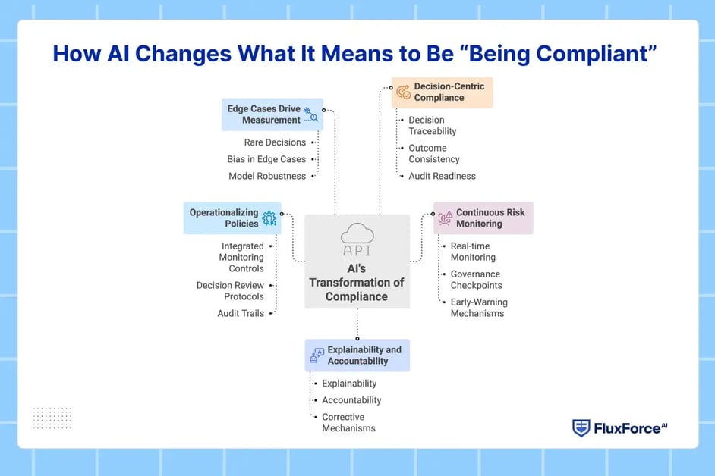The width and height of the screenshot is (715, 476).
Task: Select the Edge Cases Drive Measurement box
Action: point(272,114)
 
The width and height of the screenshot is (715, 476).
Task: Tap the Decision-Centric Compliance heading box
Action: point(442,92)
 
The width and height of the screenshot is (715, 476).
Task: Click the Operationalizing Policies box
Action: point(232,218)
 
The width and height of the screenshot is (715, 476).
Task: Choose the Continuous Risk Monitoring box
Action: point(483,218)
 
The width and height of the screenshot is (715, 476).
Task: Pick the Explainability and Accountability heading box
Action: point(357,355)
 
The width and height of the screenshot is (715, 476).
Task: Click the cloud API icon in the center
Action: point(357,240)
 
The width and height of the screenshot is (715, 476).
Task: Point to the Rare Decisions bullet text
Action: point(275,142)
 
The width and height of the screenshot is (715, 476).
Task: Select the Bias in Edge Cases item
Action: point(266,159)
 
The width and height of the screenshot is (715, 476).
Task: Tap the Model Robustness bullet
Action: point(267,176)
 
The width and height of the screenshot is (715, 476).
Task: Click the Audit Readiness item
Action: point(442,176)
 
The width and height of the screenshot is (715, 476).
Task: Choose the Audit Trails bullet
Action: point(241,313)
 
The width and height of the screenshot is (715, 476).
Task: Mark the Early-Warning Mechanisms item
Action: point(478,308)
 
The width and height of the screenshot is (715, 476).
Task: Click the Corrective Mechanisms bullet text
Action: point(348,422)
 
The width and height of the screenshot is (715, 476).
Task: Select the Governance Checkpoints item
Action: point(476,280)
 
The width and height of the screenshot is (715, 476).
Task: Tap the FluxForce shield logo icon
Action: point(581,428)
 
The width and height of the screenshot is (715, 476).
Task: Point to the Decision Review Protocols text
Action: point(230,291)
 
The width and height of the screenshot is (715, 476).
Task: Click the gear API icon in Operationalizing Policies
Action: point(269,218)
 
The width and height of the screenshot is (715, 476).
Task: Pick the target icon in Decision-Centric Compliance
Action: point(403,92)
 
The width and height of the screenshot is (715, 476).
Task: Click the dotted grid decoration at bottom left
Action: point(52,418)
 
